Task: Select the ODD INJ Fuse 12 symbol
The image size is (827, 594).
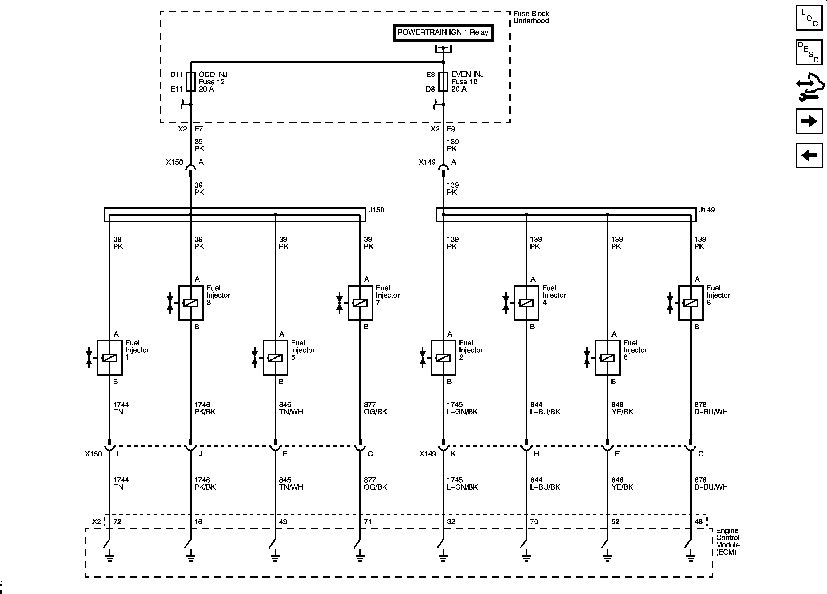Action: tap(190, 82)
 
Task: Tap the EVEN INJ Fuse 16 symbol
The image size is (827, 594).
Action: tap(443, 82)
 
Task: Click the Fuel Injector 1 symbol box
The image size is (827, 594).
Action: tap(109, 358)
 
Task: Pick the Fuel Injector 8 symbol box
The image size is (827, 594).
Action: tap(690, 303)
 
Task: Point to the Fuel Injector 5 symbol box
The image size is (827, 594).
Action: tap(275, 358)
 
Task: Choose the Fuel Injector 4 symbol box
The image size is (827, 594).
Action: tap(526, 303)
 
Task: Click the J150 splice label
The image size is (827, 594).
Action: tap(376, 210)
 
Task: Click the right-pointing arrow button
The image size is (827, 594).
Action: tap(809, 121)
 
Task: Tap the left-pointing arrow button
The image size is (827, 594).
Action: tap(809, 155)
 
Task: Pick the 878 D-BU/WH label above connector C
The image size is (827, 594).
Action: tap(710, 408)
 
